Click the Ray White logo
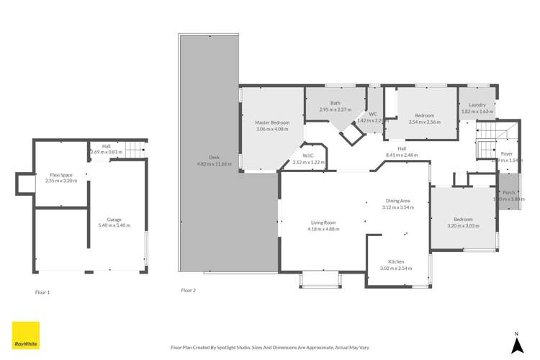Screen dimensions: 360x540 tap(26, 336)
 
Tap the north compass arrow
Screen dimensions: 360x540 tap(516, 345)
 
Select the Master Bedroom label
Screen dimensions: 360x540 tap(272, 122)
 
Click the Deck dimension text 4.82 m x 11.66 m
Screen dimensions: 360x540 tap(215, 164)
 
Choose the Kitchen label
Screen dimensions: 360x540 tap(396, 261)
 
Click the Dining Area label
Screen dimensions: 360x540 tap(398, 201)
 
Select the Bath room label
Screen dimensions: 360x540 tap(335, 103)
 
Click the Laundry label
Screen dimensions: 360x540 tap(477, 105)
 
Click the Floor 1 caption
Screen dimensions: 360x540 tap(42, 292)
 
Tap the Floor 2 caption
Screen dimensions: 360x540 tap(188, 290)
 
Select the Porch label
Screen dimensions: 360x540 tap(508, 192)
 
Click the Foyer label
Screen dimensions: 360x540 tap(507, 153)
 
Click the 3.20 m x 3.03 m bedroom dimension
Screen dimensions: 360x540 tap(463, 225)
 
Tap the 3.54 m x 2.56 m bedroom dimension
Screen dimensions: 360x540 tap(424, 122)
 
